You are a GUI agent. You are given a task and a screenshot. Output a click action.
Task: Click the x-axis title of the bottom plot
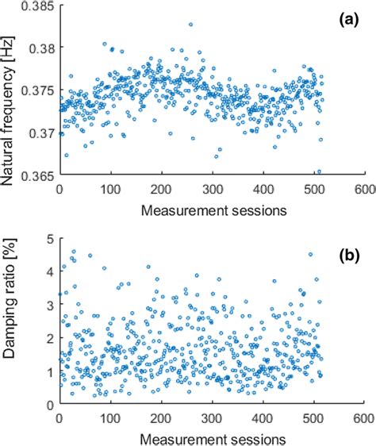coord(212,436)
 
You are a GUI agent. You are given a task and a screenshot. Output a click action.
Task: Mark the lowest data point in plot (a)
coord(319,171)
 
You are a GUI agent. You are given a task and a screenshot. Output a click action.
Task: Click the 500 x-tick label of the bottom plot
coord(313,417)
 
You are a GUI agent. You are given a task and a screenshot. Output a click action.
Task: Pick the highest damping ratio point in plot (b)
coord(74,251)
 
